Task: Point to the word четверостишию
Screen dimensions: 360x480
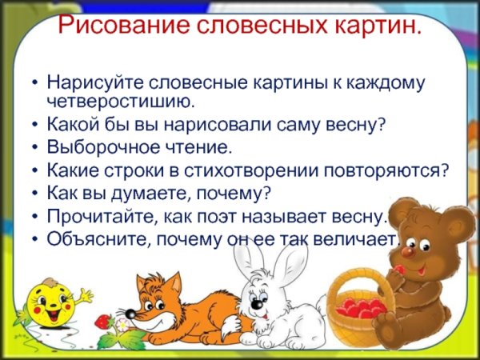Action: coord(121,101)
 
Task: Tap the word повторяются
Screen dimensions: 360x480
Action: coord(397,170)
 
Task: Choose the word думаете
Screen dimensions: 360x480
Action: coord(139,194)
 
